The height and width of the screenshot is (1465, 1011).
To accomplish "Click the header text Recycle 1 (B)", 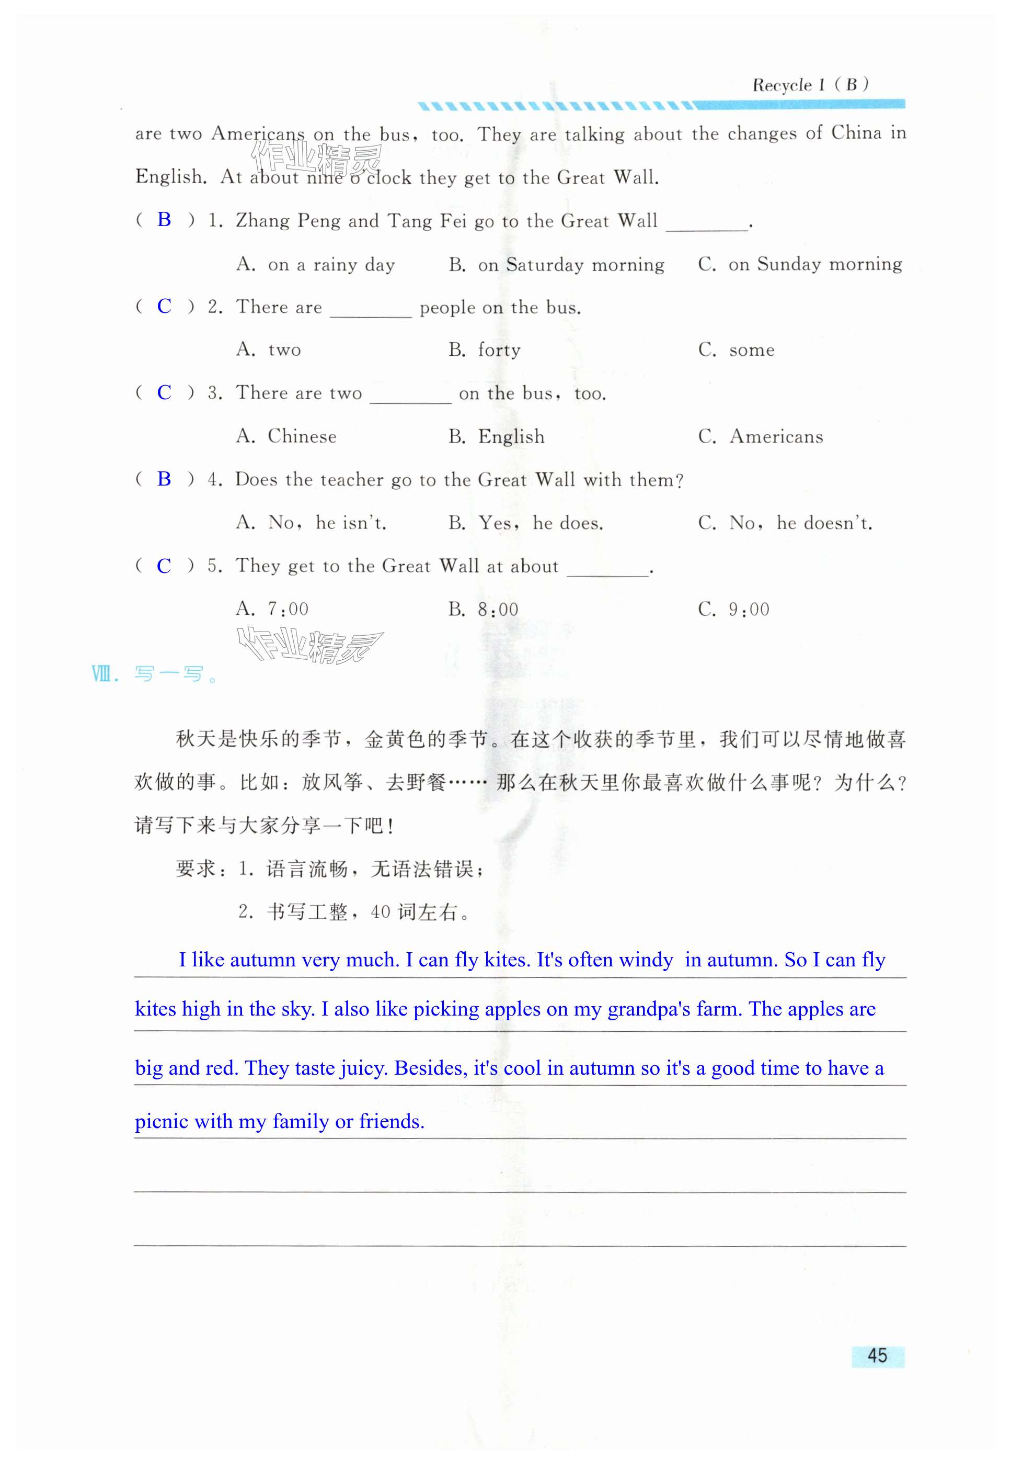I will [810, 85].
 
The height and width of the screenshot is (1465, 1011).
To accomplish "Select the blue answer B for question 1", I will [164, 219].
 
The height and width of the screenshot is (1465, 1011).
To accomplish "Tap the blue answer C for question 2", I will [164, 306].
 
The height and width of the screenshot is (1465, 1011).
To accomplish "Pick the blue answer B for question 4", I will [164, 479].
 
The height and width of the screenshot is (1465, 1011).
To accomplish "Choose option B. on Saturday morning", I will [556, 264].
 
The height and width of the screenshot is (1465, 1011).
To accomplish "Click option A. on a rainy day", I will [315, 264].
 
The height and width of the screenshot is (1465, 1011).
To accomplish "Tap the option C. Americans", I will [760, 436].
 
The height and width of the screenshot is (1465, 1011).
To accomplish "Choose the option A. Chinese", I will [286, 436].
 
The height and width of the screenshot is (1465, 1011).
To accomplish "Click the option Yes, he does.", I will [526, 523].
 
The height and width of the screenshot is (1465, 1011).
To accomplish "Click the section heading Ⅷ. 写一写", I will [155, 674].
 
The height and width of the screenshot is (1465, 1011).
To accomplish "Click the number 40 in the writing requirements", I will [380, 912].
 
